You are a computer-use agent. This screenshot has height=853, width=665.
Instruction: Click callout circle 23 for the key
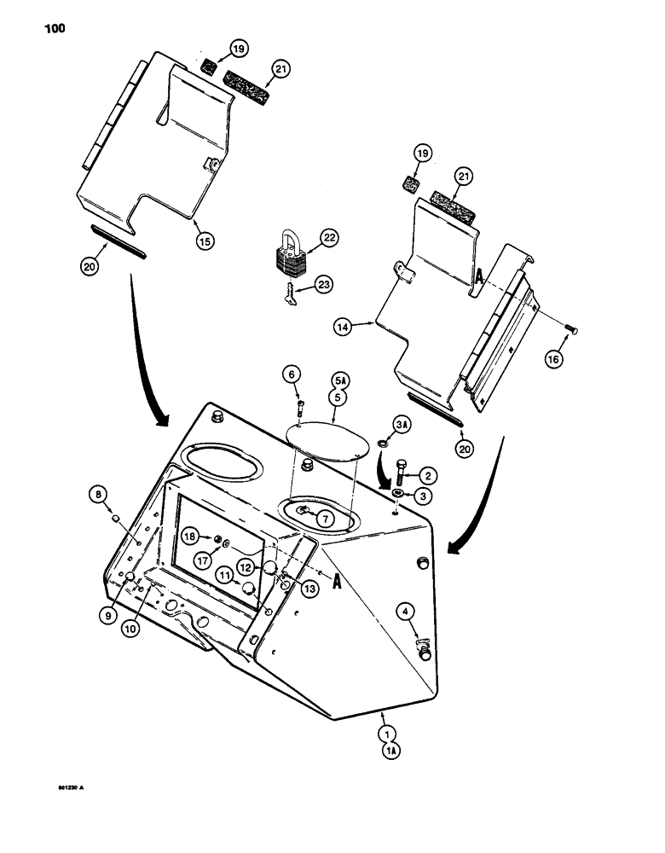coord(325,286)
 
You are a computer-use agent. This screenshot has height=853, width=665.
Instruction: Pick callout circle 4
coord(407,610)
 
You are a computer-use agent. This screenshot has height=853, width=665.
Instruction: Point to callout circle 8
coord(99,493)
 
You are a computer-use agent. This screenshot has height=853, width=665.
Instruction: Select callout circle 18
coord(188,537)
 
